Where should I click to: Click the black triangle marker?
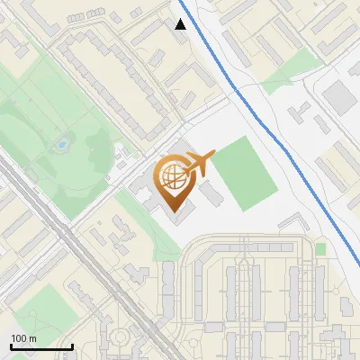click(181, 24)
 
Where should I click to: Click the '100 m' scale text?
click(24, 338)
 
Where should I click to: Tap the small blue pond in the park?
click(60, 143)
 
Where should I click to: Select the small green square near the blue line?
click(320, 247)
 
